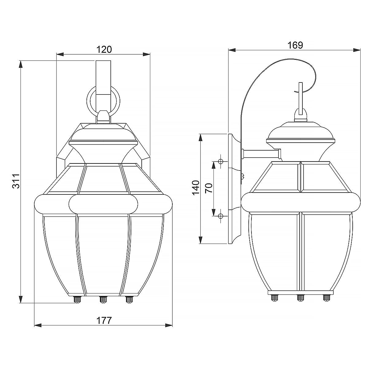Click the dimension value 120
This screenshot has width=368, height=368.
tap(104, 50)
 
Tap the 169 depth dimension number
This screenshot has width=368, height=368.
tap(295, 45)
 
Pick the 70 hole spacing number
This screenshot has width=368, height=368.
tap(209, 188)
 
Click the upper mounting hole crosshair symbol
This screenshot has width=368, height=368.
tap(221, 162)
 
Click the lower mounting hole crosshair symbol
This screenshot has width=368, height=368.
tap(221, 216)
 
